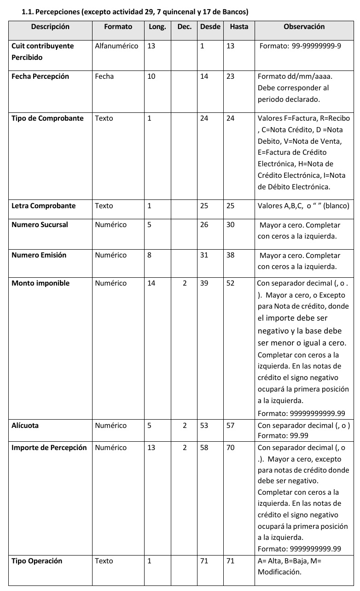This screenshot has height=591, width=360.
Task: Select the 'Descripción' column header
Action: click(x=50, y=27)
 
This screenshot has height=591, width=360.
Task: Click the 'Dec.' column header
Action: click(x=184, y=27)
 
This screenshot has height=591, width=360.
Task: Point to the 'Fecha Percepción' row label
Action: click(x=40, y=76)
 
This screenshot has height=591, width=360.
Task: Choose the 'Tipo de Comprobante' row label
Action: click(x=47, y=118)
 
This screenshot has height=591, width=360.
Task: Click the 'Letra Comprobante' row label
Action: click(x=43, y=206)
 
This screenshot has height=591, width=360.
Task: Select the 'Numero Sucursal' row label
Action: click(x=40, y=225)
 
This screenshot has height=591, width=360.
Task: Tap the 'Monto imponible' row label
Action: click(x=41, y=283)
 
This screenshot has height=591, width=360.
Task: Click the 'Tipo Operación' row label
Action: click(x=37, y=561)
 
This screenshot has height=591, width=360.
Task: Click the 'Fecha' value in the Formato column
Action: click(x=104, y=76)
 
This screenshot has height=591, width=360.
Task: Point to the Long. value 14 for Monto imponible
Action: click(x=151, y=283)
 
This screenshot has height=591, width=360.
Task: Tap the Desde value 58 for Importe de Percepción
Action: click(x=204, y=448)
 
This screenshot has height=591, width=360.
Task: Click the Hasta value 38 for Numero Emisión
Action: click(x=230, y=255)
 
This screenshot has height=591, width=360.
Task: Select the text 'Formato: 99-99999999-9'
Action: click(x=300, y=46)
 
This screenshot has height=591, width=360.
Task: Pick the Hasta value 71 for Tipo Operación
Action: click(x=230, y=561)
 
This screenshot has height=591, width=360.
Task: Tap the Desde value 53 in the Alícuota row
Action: click(x=204, y=426)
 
